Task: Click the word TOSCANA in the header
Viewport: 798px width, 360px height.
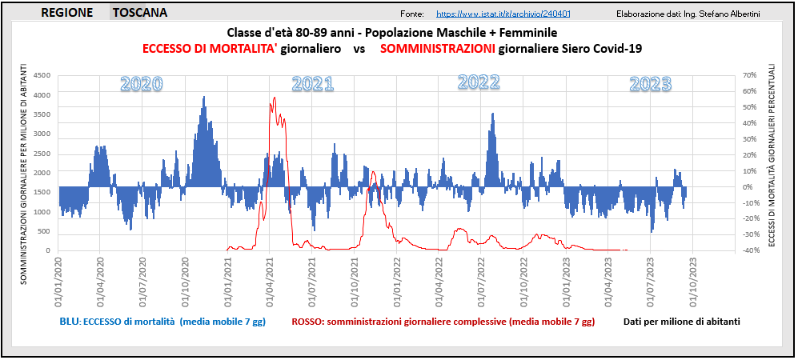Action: click(139, 13)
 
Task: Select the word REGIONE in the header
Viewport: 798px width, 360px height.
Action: click(66, 13)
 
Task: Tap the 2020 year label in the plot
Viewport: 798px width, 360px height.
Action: click(141, 83)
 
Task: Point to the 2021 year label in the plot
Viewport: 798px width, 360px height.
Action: click(312, 83)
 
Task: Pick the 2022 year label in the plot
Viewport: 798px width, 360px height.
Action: click(479, 82)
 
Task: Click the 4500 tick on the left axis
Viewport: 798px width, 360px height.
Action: click(40, 76)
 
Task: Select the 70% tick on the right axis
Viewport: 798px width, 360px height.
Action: click(749, 75)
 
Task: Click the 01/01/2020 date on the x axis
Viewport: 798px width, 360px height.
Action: click(58, 276)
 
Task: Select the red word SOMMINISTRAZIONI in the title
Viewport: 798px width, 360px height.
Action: click(437, 49)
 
